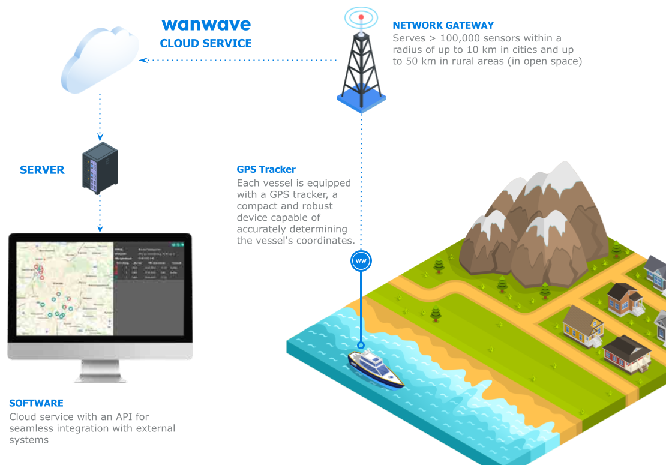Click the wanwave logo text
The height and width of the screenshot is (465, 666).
206,25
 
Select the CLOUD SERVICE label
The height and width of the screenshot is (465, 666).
206,44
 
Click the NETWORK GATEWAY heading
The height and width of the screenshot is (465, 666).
443,25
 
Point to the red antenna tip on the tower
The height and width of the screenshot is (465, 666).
361,17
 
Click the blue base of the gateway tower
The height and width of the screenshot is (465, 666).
361,102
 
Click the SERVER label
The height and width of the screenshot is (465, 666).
42,170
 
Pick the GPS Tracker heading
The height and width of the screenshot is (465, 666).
266,169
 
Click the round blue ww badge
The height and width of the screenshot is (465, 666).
361,261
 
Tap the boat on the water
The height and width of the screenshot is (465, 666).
376,368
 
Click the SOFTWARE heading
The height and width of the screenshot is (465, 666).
36,403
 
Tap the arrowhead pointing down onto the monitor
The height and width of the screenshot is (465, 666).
100,229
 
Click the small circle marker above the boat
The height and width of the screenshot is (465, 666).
361,346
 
